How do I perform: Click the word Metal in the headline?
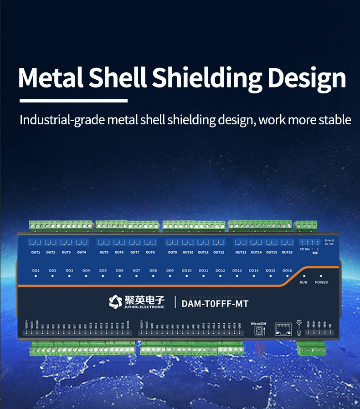point(51,78)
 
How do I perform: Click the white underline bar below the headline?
point(73,100)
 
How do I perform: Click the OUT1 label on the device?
point(35,252)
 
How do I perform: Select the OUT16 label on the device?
point(287,252)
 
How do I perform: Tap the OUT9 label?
point(172,252)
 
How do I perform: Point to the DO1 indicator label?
point(36,271)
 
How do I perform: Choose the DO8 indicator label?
point(153,271)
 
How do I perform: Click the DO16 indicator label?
point(287,271)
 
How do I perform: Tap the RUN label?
point(303,282)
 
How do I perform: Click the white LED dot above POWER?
point(321,276)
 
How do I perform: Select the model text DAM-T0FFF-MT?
point(215,303)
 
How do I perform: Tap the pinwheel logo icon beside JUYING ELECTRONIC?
point(115,302)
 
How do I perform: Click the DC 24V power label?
point(330,244)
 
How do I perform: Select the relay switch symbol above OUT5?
point(104,242)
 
